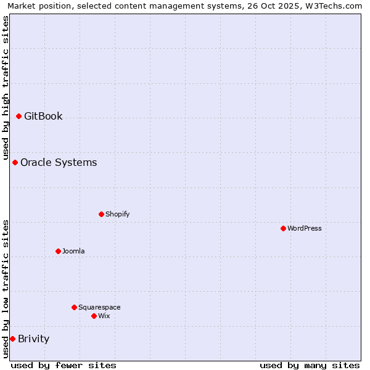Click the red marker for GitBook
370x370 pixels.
[18, 116]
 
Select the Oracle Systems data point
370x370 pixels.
[15, 162]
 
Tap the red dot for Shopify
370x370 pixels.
[101, 214]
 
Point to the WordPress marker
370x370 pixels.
[283, 228]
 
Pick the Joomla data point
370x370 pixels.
[58, 251]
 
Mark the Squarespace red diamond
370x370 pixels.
[74, 307]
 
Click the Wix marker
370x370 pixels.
[94, 316]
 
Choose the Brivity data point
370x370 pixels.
[12, 339]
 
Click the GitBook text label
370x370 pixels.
[43, 116]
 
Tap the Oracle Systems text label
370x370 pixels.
[59, 162]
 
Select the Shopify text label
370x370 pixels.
[117, 214]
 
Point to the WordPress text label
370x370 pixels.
[305, 228]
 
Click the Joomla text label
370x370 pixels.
[73, 251]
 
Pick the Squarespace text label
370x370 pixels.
[99, 307]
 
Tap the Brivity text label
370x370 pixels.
[33, 339]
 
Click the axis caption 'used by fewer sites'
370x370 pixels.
[64, 365]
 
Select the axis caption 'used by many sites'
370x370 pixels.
[310, 365]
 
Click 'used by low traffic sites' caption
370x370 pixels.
[6, 289]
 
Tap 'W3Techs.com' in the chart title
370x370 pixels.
[334, 6]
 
